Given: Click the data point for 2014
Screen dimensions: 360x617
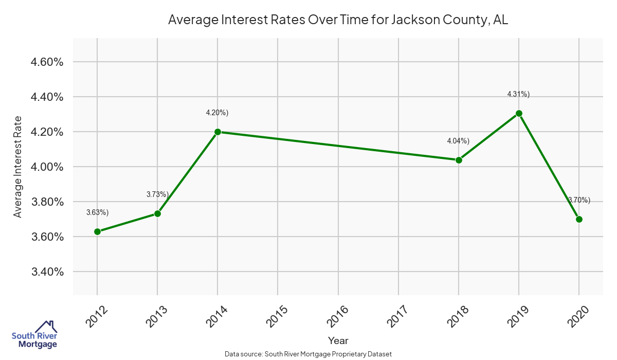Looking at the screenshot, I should point(217,132).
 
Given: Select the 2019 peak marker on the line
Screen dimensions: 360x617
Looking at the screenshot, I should point(519,113).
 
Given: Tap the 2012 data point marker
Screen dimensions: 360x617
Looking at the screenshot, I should point(97,231).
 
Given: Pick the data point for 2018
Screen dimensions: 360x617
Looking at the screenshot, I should point(459,160).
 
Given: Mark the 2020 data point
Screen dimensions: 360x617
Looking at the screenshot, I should point(579,219).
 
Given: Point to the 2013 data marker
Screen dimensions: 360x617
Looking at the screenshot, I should point(157,213).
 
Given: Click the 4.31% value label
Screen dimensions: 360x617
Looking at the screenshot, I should point(518,94).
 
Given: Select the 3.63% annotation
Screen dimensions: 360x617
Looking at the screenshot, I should point(97,212).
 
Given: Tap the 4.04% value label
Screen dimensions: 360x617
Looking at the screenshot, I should point(458,140).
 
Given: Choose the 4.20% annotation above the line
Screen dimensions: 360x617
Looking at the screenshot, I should point(217,113).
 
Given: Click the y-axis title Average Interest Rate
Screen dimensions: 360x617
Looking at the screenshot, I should point(18,167).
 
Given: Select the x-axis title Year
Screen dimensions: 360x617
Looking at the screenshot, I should point(338,340).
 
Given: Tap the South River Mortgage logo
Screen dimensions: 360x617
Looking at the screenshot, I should point(34,335).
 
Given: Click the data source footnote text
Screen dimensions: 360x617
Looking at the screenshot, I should point(308,354).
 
